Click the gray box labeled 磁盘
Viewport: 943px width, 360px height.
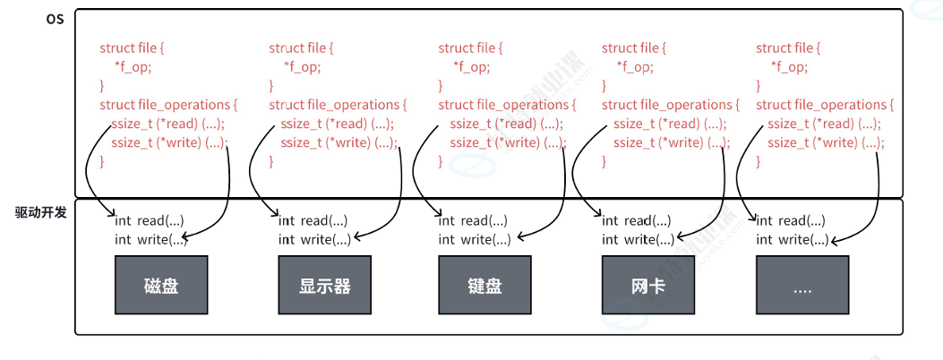coord(161,285)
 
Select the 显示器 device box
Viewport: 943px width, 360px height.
coord(325,285)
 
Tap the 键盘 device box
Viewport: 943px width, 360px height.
coord(484,285)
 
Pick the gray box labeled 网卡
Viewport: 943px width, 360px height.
coord(648,285)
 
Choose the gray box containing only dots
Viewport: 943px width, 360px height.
coord(802,285)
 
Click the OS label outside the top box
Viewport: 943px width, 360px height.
coord(55,19)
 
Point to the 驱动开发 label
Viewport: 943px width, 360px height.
coord(40,213)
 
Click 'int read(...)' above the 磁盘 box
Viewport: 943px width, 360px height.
coord(150,221)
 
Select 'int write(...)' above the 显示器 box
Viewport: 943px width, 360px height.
coord(315,240)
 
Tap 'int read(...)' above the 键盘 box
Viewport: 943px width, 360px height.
coord(473,221)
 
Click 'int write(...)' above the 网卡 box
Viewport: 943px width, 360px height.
coord(639,240)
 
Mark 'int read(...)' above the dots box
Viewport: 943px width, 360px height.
coord(790,221)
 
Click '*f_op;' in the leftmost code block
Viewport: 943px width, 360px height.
coord(133,67)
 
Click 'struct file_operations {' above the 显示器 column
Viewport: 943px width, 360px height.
coord(338,105)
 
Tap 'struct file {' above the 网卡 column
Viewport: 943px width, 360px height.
coord(634,48)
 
